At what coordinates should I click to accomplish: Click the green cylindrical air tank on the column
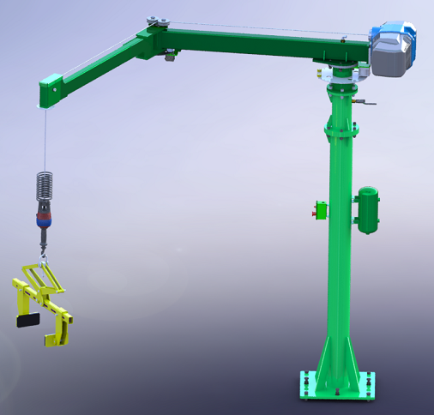[x=368, y=209]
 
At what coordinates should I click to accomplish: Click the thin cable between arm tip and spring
[x=43, y=137]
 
